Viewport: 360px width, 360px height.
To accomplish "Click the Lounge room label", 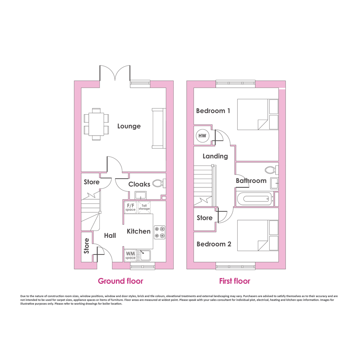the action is (x=129, y=126).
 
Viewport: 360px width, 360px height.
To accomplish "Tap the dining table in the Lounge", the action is (x=96, y=124).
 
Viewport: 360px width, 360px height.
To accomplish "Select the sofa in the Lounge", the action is (x=158, y=128).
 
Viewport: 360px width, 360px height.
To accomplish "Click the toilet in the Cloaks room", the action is (x=159, y=183).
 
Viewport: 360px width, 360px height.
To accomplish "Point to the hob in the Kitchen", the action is (x=160, y=232).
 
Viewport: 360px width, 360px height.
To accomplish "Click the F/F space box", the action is (x=130, y=207).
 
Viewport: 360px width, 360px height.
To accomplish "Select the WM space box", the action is (x=130, y=256).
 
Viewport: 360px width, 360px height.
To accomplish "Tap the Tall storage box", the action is (x=144, y=207).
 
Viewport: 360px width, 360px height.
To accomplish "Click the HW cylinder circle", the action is (x=202, y=136).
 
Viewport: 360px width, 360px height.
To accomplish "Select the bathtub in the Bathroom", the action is (x=255, y=199).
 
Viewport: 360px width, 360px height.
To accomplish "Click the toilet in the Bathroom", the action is (x=272, y=170).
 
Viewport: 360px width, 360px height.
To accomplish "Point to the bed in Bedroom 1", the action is (x=258, y=114).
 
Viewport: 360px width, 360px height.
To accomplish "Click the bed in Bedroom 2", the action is (x=258, y=235).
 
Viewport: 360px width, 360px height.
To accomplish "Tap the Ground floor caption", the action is (x=120, y=281).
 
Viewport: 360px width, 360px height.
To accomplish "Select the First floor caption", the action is (x=235, y=281).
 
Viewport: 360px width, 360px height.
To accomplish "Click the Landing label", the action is (x=215, y=156).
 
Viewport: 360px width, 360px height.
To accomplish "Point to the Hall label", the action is (x=110, y=235).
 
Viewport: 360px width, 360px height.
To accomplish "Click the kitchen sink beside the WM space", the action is (x=145, y=256).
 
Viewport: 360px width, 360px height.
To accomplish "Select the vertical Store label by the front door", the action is (x=86, y=246).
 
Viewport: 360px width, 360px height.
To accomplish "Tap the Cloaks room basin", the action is (x=140, y=195).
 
